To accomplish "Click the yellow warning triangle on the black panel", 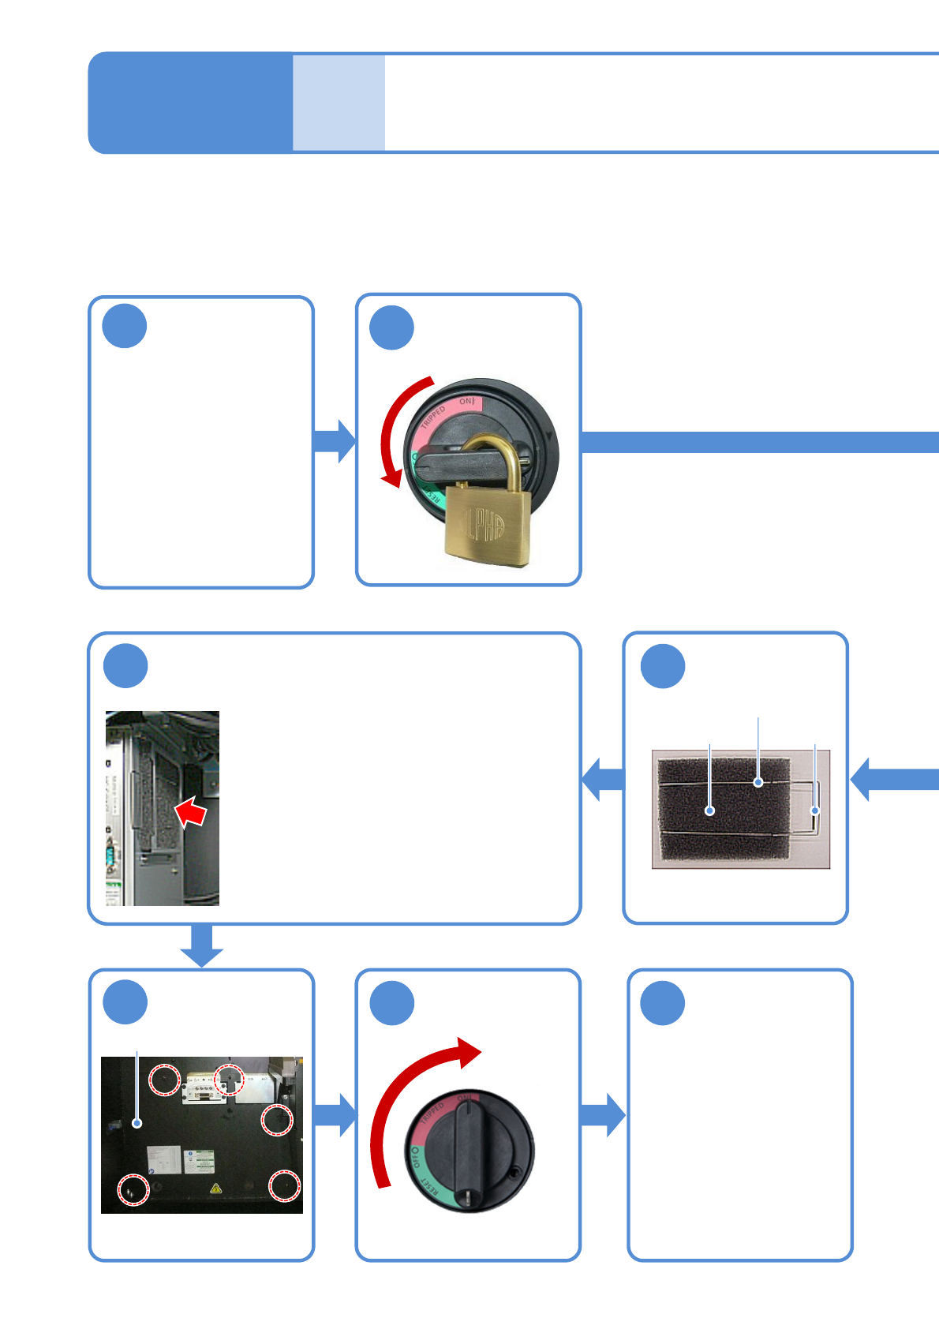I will (x=215, y=1188).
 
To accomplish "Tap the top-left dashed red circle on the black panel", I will (x=165, y=1079).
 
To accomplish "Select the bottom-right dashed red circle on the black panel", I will (x=284, y=1185).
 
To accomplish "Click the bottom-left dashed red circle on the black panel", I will (x=133, y=1189).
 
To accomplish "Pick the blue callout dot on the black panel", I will (x=137, y=1123).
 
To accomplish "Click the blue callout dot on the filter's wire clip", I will (x=815, y=811).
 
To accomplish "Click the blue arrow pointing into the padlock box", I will (x=335, y=441).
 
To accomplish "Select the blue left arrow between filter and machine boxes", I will (x=603, y=780).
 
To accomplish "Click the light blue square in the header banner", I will (x=339, y=103).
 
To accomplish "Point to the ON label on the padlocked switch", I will (x=467, y=402).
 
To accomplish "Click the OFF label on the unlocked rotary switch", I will (x=416, y=1158).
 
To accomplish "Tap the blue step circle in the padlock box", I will (x=392, y=328).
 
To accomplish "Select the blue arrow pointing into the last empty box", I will (x=604, y=1115).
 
